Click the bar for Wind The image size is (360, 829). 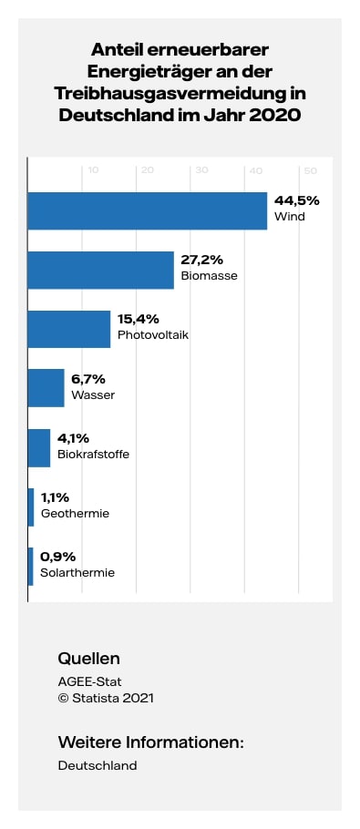(148, 210)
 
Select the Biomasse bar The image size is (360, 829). (100, 270)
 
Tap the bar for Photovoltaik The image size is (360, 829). (69, 329)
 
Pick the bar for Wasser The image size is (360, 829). (46, 388)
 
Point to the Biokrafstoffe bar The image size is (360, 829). (39, 447)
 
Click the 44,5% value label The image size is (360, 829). (297, 200)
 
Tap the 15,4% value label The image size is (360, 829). (139, 319)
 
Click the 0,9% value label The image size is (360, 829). (57, 557)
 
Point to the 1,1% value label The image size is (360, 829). (56, 497)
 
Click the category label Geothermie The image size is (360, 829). (75, 514)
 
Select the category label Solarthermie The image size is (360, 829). (77, 573)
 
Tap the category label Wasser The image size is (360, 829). (92, 395)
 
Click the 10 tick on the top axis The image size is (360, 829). (93, 170)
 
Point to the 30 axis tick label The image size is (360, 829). (201, 170)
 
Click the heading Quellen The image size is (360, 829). (88, 659)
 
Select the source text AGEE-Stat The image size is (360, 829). (89, 681)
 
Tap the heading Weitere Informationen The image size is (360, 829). (150, 742)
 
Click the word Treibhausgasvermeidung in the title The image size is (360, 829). (170, 94)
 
